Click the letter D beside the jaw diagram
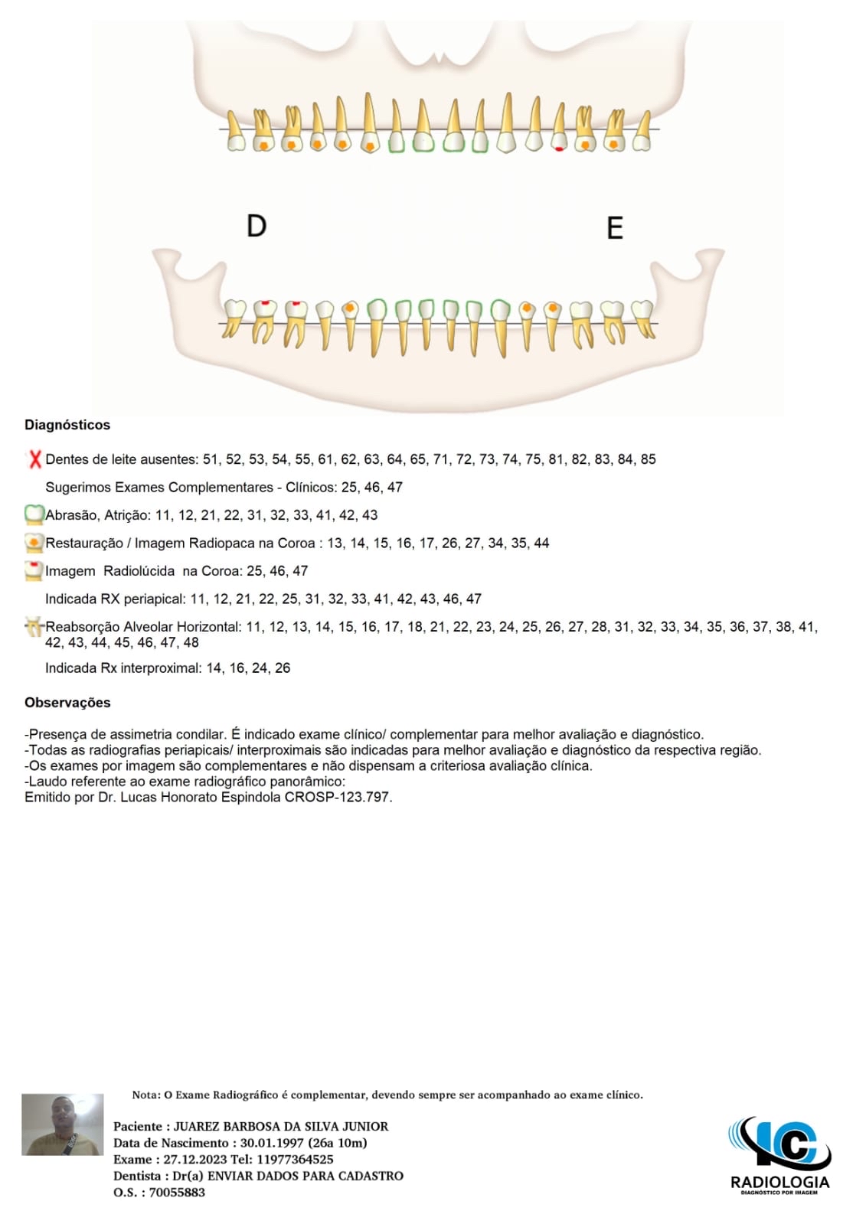pos(257,226)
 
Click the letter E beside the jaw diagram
pos(614,228)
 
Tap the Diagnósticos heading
pos(67,425)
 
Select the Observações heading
pos(67,703)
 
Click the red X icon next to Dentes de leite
pos(34,459)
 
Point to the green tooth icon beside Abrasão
pos(34,514)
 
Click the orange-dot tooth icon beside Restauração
pos(34,543)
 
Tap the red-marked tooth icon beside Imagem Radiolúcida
pos(34,570)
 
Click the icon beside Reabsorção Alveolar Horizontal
pos(34,627)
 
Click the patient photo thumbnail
pos(62,1124)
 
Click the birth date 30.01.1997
pos(272,1143)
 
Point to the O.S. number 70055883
pos(177,1192)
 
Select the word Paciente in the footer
pos(138,1126)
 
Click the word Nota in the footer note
pos(145,1095)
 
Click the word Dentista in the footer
pos(137,1176)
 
